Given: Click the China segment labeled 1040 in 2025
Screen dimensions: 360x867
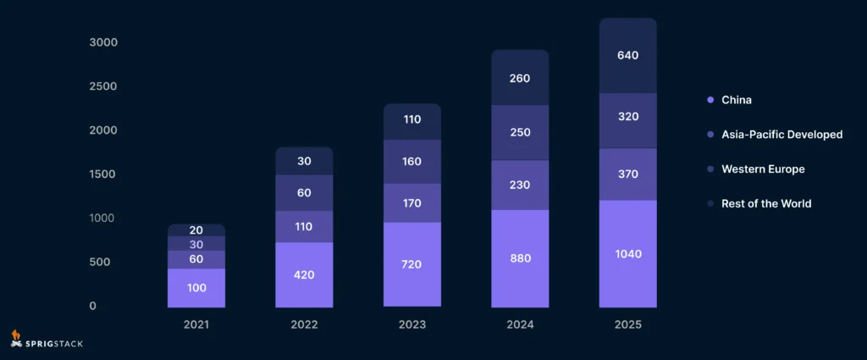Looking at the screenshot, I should pyautogui.click(x=627, y=253).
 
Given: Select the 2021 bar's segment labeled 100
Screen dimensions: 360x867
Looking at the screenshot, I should pyautogui.click(x=196, y=288).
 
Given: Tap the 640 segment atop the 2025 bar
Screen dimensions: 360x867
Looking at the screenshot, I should pyautogui.click(x=627, y=56).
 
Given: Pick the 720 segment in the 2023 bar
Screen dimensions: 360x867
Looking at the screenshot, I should pyautogui.click(x=411, y=264).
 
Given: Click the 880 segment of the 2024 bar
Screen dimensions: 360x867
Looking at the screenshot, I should pyautogui.click(x=520, y=258).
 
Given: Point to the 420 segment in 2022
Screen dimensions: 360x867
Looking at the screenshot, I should pyautogui.click(x=304, y=274).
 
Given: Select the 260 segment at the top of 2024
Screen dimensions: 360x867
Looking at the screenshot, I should pyautogui.click(x=520, y=78).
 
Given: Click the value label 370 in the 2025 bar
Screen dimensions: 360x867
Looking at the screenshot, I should pyautogui.click(x=627, y=174).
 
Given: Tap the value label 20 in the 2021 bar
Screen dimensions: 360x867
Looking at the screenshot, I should pyautogui.click(x=196, y=230).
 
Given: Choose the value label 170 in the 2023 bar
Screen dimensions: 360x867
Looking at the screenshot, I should pyautogui.click(x=411, y=203).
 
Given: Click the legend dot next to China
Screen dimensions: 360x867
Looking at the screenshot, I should pyautogui.click(x=710, y=100).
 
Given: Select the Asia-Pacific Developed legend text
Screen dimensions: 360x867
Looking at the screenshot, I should pyautogui.click(x=781, y=135).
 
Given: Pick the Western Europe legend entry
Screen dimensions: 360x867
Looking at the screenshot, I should pyautogui.click(x=762, y=169).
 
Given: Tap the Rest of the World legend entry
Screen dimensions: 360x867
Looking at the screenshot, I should pyautogui.click(x=765, y=203).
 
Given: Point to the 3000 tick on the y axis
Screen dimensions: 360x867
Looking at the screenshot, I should pyautogui.click(x=103, y=42).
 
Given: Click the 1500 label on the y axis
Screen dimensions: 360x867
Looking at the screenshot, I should pyautogui.click(x=103, y=174).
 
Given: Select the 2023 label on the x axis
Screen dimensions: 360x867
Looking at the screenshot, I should pyautogui.click(x=411, y=324).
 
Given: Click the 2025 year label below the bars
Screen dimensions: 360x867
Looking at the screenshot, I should pyautogui.click(x=627, y=324).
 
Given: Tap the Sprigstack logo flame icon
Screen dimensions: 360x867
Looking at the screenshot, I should pyautogui.click(x=16, y=338).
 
